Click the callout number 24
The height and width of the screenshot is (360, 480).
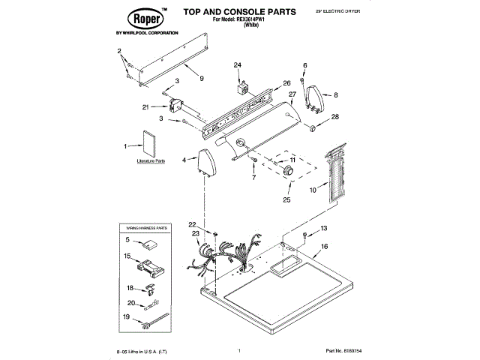(x=238, y=65)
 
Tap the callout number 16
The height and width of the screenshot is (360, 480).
(x=325, y=246)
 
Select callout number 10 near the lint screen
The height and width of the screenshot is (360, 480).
(x=313, y=190)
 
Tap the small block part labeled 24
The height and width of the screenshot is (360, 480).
(x=241, y=88)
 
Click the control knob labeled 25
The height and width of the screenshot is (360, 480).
(x=287, y=172)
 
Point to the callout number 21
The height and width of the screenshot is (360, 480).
(x=146, y=107)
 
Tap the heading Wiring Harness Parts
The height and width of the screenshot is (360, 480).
(x=145, y=227)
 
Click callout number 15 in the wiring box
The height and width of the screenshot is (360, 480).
(x=127, y=256)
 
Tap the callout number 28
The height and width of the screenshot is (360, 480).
(x=335, y=117)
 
